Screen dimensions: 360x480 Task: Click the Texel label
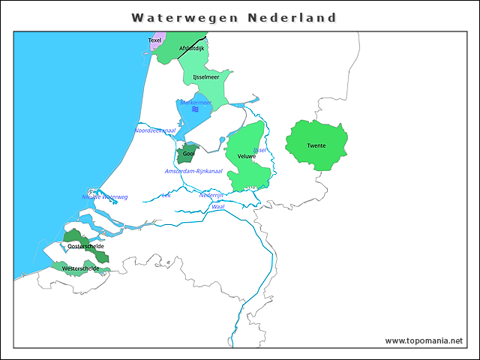coord(154,40)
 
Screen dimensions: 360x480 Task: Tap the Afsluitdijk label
coord(192,48)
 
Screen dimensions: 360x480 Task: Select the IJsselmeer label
coord(205,76)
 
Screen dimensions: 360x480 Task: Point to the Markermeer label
coord(196,102)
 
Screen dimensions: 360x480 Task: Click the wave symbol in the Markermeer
coord(196,109)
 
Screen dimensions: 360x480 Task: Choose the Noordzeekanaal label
coord(154,130)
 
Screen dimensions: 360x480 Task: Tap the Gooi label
coord(189,154)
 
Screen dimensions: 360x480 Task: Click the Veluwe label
coord(247,156)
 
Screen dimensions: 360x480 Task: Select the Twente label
coord(316,145)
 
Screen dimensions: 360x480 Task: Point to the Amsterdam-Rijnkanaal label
coord(193,172)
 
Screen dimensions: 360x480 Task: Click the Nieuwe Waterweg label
coord(105,197)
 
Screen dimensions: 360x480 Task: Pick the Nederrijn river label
coord(211,195)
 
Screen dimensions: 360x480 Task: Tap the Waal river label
coord(218,205)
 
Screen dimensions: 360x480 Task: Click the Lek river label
coord(166,195)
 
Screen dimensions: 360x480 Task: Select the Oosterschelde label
coord(85,246)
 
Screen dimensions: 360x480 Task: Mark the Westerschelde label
coord(80,268)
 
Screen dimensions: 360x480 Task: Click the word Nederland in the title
coord(292,17)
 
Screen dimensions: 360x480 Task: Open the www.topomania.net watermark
coord(424,340)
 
